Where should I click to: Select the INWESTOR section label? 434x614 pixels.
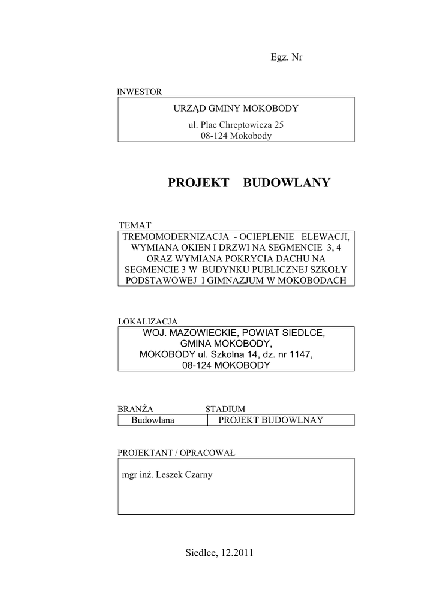tap(139, 92)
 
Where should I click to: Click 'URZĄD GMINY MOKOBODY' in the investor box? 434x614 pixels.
tap(236, 109)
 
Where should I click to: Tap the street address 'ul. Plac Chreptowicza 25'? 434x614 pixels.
tap(236, 125)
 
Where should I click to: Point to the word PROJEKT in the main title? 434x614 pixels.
tap(198, 183)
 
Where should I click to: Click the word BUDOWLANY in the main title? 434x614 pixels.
tap(287, 183)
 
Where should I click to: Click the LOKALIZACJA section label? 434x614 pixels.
tap(147, 321)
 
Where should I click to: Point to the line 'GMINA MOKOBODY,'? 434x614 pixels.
tap(234, 344)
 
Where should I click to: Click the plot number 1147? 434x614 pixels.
tap(301, 354)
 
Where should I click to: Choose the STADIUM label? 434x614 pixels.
tap(225, 409)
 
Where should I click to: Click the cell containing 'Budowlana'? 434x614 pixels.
tap(153, 420)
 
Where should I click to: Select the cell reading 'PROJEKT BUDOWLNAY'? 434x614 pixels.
tap(270, 420)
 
